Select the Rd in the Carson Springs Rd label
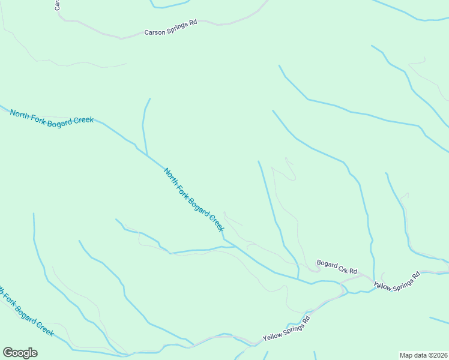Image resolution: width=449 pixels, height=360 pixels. tap(193, 23)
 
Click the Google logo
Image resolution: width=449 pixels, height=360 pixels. tap(20, 353)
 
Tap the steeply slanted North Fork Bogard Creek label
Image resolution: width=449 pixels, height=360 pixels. tap(194, 200)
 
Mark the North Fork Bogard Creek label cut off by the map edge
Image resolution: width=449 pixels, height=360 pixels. tap(27, 312)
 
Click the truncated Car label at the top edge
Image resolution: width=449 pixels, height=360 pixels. tap(57, 5)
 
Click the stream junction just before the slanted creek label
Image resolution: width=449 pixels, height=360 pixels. tap(146, 154)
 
